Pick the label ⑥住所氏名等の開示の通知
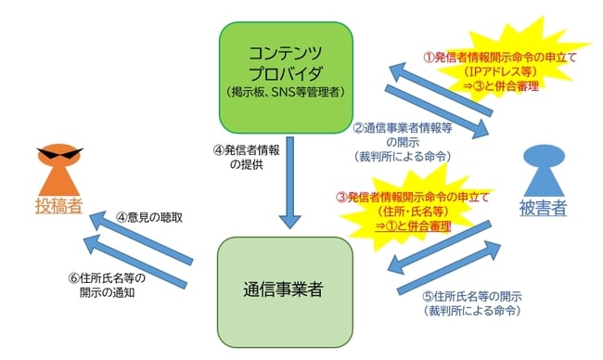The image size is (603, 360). coord(106,285)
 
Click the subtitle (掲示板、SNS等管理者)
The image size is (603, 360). coord(286,92)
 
